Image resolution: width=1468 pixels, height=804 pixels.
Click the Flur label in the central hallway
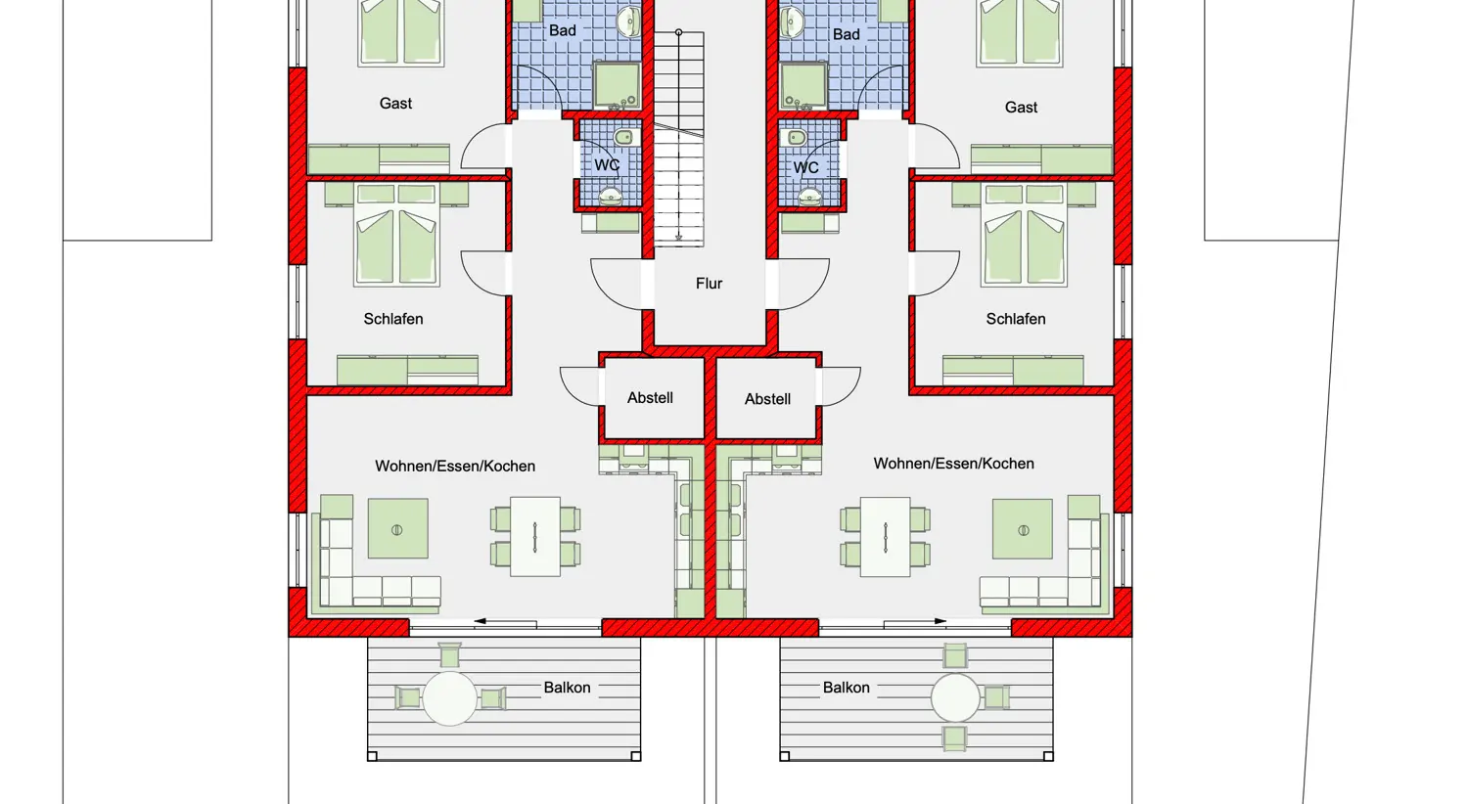click(x=710, y=284)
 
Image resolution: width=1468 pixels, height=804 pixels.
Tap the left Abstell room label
click(x=650, y=397)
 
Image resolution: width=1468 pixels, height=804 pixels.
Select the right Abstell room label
click(x=767, y=399)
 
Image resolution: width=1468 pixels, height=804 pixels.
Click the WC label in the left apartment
click(x=607, y=165)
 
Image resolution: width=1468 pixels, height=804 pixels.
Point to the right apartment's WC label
click(x=805, y=167)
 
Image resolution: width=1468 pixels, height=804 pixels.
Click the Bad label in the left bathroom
click(x=563, y=30)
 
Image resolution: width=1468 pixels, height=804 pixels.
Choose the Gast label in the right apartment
click(x=1021, y=107)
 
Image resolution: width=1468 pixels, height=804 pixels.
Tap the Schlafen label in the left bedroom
click(x=393, y=319)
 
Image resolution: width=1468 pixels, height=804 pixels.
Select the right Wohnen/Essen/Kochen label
click(x=953, y=464)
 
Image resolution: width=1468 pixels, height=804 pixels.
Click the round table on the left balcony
click(x=449, y=698)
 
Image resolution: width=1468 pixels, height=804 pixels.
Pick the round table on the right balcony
click(x=955, y=698)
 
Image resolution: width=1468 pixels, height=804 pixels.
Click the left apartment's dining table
click(x=534, y=537)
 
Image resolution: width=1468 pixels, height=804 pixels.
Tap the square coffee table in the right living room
click(x=1023, y=529)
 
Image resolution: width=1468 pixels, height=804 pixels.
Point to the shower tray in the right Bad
click(x=804, y=85)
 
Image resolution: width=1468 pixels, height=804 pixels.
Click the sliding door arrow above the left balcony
click(x=505, y=621)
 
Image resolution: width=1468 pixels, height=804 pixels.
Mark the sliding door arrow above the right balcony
click(x=915, y=621)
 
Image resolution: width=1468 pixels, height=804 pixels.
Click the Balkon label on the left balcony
click(x=567, y=688)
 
